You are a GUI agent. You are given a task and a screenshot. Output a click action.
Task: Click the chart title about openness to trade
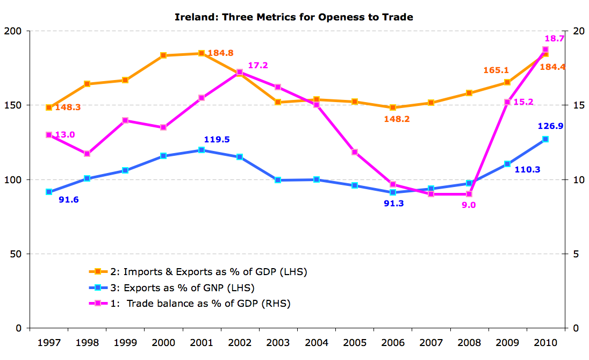click(x=294, y=17)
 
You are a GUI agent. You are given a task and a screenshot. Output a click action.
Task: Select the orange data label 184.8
click(x=220, y=53)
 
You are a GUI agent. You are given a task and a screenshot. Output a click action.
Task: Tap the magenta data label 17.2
click(x=258, y=66)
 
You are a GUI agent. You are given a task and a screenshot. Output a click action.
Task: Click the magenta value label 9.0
click(x=469, y=205)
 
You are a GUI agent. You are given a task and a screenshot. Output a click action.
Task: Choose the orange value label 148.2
click(x=397, y=119)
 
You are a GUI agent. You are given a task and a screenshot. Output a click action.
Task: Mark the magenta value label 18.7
click(x=554, y=39)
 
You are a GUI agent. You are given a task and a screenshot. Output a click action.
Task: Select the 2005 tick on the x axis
click(x=355, y=342)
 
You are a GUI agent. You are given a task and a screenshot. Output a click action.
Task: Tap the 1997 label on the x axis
click(x=49, y=342)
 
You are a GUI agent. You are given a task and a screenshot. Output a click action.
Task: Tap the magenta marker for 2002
click(x=240, y=72)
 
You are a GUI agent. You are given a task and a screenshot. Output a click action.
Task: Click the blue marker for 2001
click(x=202, y=150)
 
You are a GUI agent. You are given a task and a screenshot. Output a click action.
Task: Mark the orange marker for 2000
click(x=163, y=55)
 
